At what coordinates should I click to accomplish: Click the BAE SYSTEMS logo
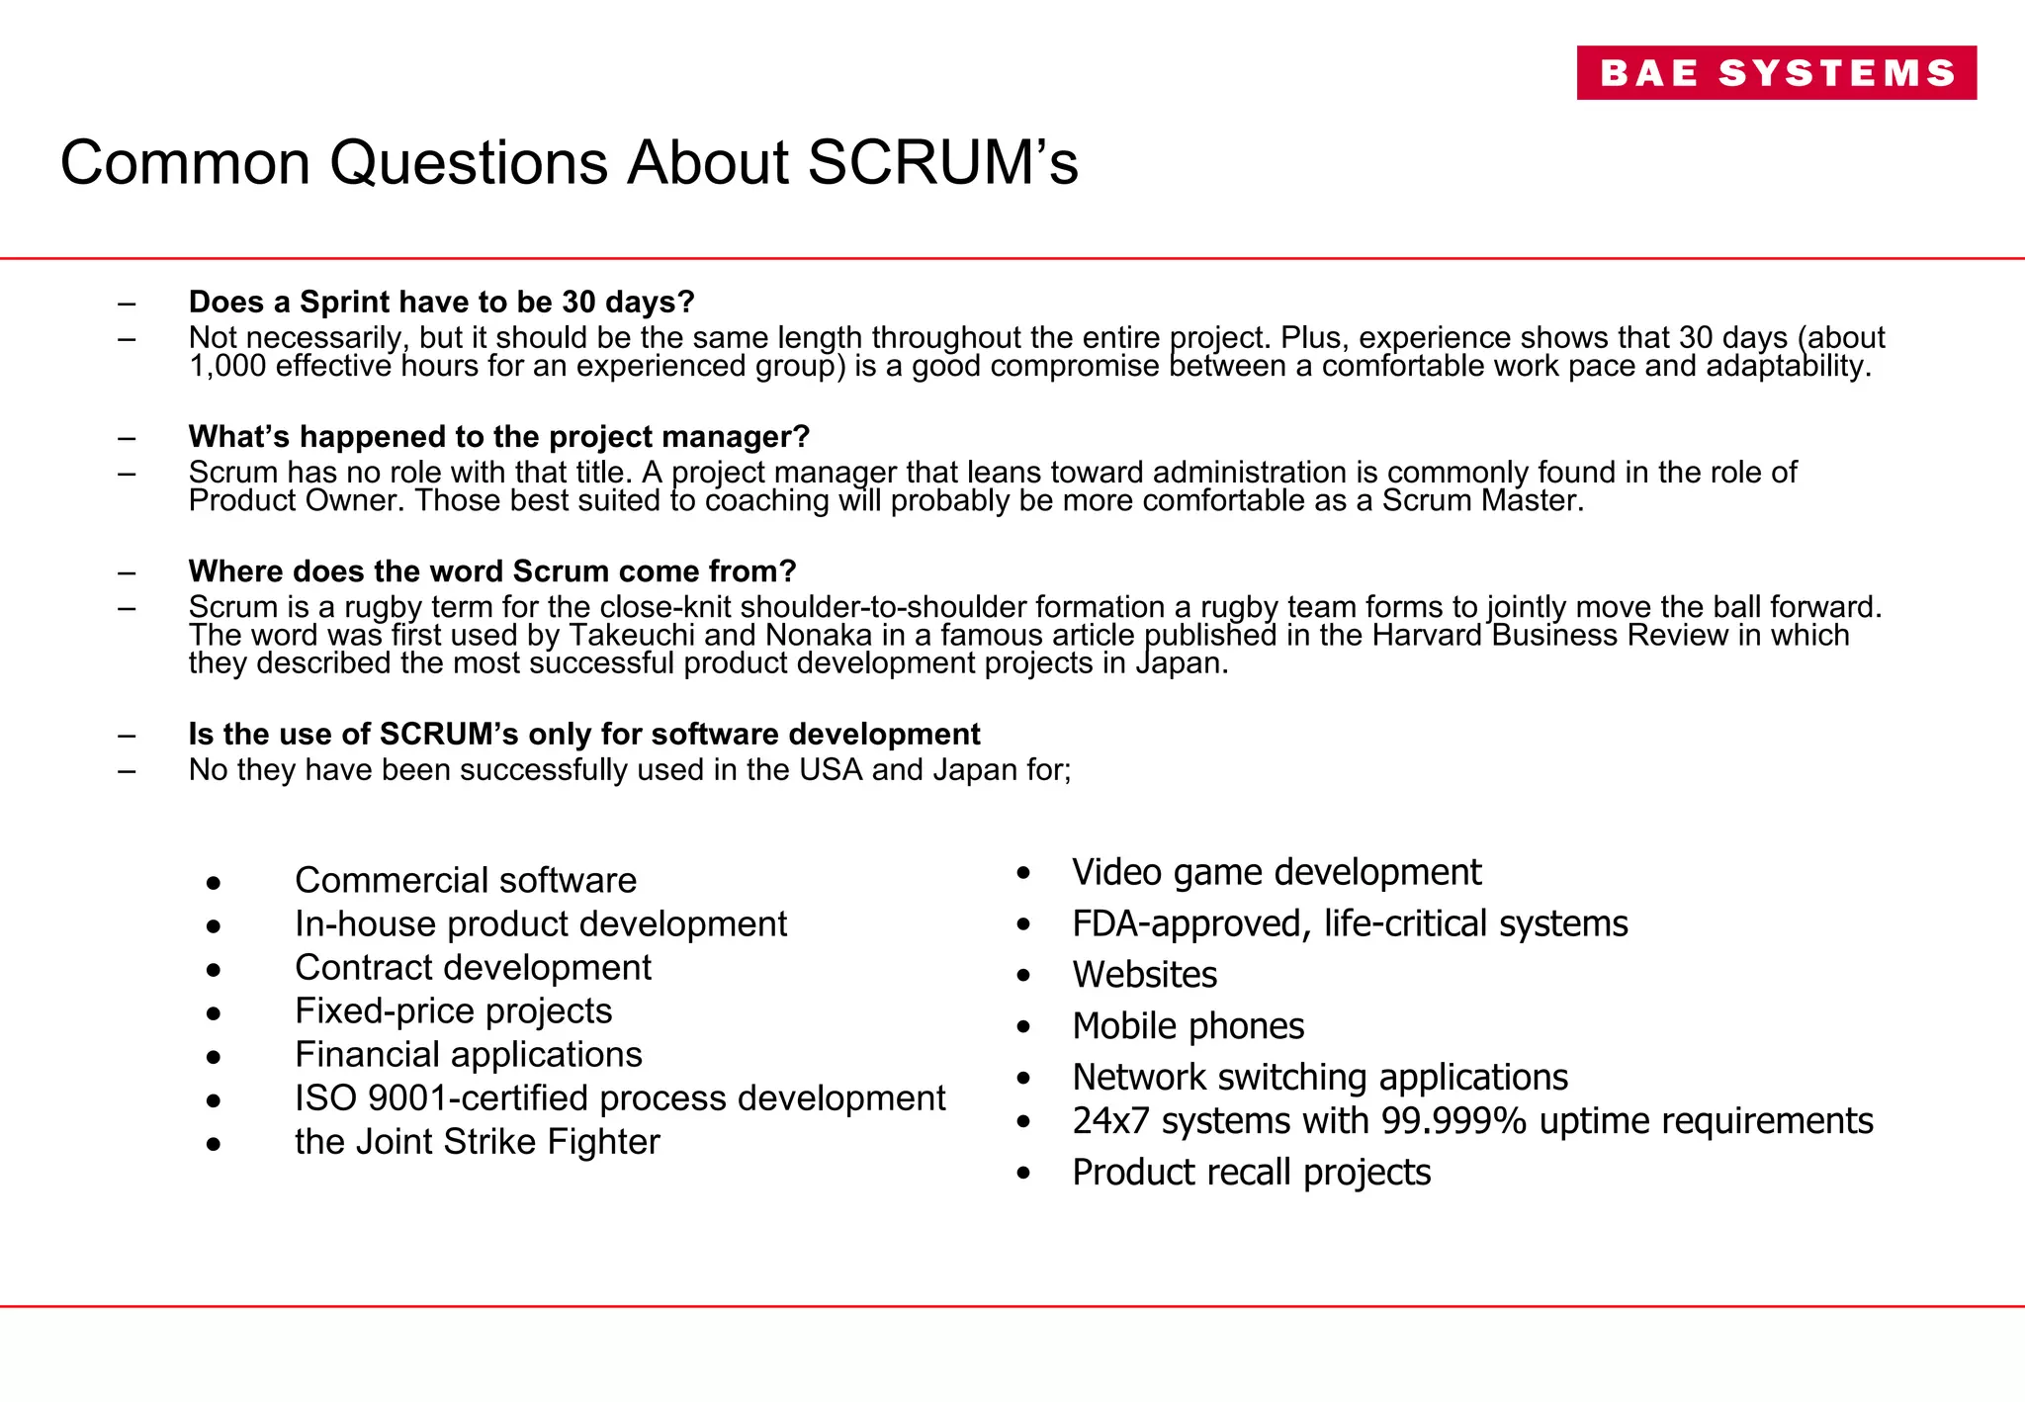click(1776, 73)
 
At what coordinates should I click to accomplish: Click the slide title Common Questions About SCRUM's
click(569, 162)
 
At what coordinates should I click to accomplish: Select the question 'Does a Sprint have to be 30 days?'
click(441, 302)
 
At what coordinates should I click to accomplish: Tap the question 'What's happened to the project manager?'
click(498, 436)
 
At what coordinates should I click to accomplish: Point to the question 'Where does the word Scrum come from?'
click(491, 571)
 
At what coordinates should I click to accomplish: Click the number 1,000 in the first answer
click(226, 367)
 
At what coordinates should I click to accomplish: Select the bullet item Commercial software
click(465, 880)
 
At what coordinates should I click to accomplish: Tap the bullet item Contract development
click(473, 967)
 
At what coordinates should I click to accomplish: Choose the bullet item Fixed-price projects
click(453, 1010)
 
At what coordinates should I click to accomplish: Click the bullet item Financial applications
click(468, 1054)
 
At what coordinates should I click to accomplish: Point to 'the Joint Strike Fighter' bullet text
click(477, 1141)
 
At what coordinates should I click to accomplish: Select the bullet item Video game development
click(1276, 872)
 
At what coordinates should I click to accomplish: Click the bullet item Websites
click(1144, 975)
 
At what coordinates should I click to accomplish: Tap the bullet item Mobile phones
click(1188, 1026)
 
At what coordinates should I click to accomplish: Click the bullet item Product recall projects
click(1251, 1173)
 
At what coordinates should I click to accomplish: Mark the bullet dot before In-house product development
click(214, 926)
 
